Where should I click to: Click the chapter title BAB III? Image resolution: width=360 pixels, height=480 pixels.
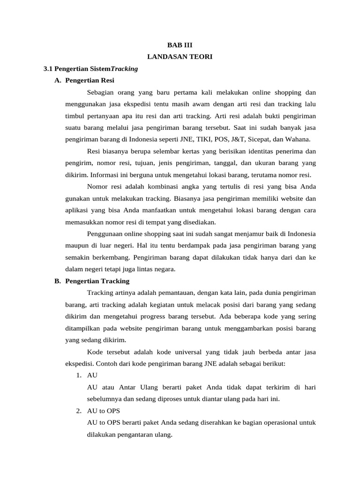[180, 45]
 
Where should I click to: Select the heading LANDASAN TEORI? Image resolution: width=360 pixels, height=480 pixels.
[180, 57]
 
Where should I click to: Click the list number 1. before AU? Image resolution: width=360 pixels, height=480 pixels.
[79, 375]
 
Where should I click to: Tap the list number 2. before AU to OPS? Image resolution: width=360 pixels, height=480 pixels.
[79, 411]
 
